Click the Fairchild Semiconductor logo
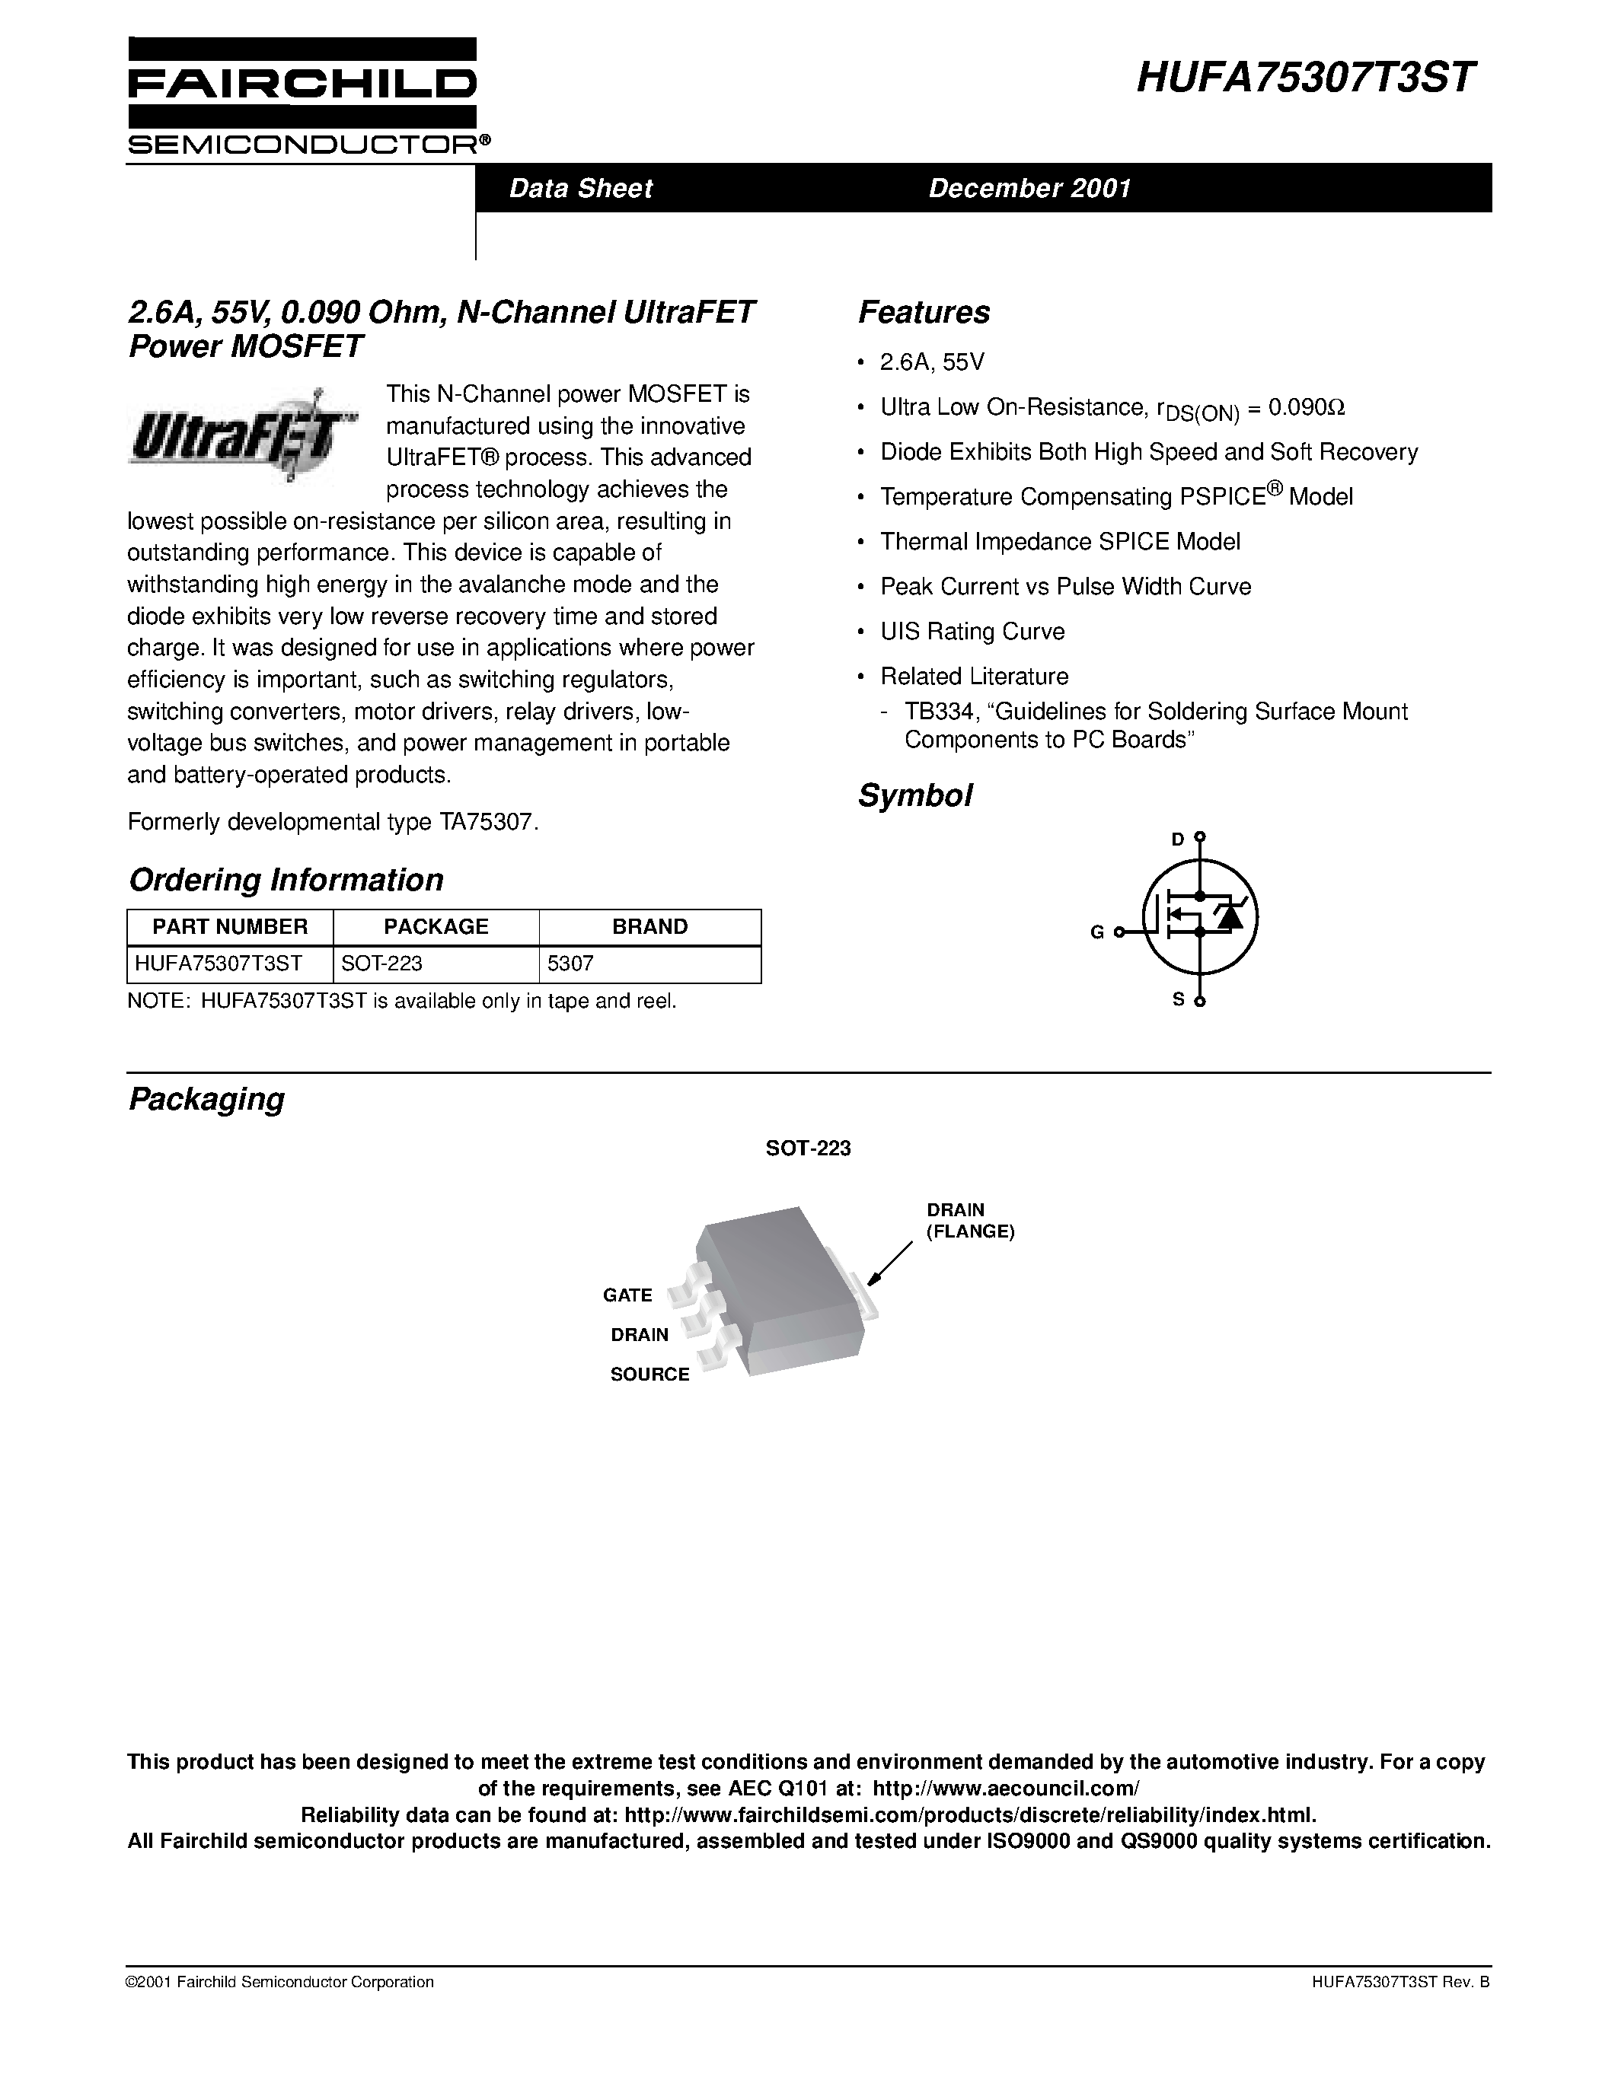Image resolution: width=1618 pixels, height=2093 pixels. click(303, 97)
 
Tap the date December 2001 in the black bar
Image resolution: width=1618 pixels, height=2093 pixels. click(1029, 188)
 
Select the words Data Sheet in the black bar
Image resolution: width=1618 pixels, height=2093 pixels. click(580, 188)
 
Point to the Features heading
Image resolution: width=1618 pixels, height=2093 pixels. click(923, 312)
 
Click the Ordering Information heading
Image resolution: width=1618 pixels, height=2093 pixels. click(286, 880)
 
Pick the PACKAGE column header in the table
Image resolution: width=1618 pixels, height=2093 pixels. click(436, 927)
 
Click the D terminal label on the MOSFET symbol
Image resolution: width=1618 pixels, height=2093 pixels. click(1178, 839)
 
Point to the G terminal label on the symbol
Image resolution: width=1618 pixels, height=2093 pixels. click(1096, 932)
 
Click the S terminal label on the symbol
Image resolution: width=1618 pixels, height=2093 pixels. click(1178, 999)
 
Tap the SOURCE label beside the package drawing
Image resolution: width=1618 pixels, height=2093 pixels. click(650, 1375)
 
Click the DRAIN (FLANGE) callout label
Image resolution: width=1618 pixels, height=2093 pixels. click(969, 1221)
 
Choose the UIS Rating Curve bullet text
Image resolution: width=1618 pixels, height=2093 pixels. click(972, 632)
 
